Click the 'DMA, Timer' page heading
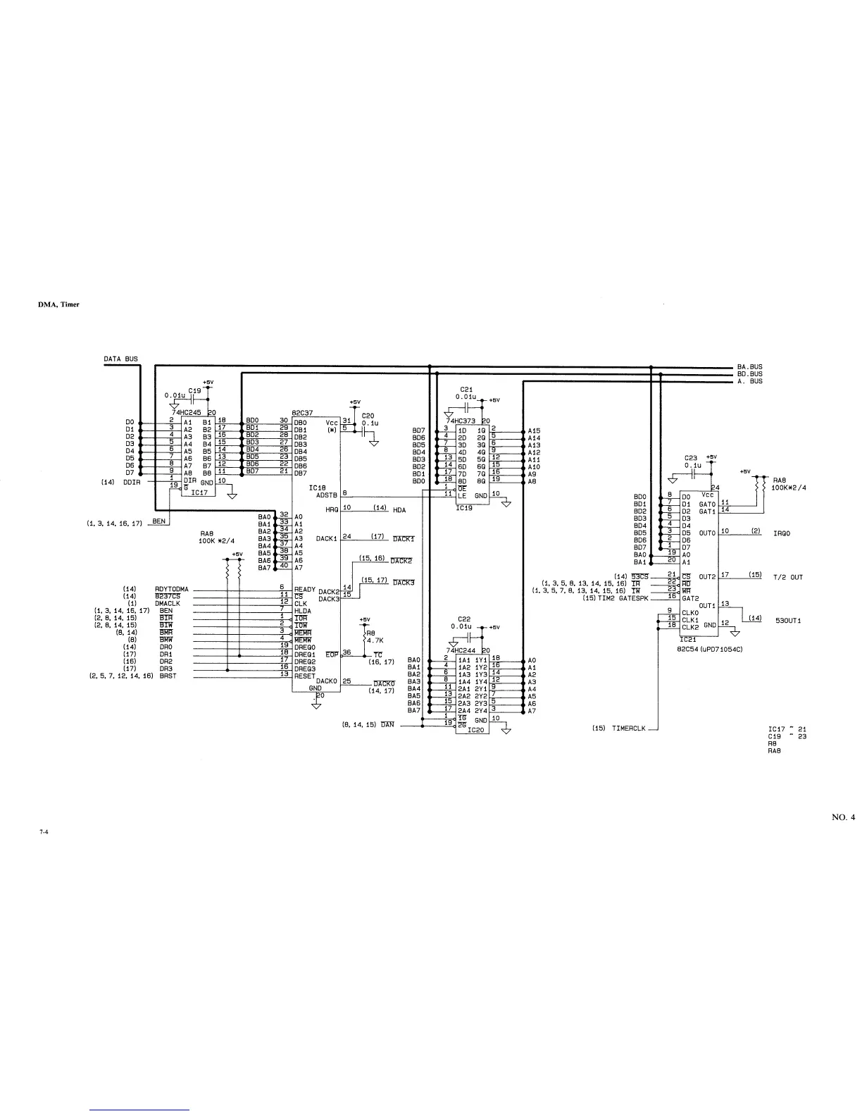pyautogui.click(x=58, y=304)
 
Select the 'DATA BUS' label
pyautogui.click(x=121, y=359)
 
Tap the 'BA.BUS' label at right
pyautogui.click(x=749, y=367)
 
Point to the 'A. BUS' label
pyautogui.click(x=750, y=381)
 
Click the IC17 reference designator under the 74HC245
pyautogui.click(x=199, y=493)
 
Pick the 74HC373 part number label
pyautogui.click(x=462, y=421)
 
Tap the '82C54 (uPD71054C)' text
pyautogui.click(x=709, y=649)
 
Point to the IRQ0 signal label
pyautogui.click(x=782, y=533)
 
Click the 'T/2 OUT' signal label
pyautogui.click(x=787, y=577)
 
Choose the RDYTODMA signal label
pyautogui.click(x=171, y=589)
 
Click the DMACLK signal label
pyautogui.click(x=168, y=603)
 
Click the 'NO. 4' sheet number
pyautogui.click(x=843, y=817)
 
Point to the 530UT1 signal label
pyautogui.click(x=787, y=621)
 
